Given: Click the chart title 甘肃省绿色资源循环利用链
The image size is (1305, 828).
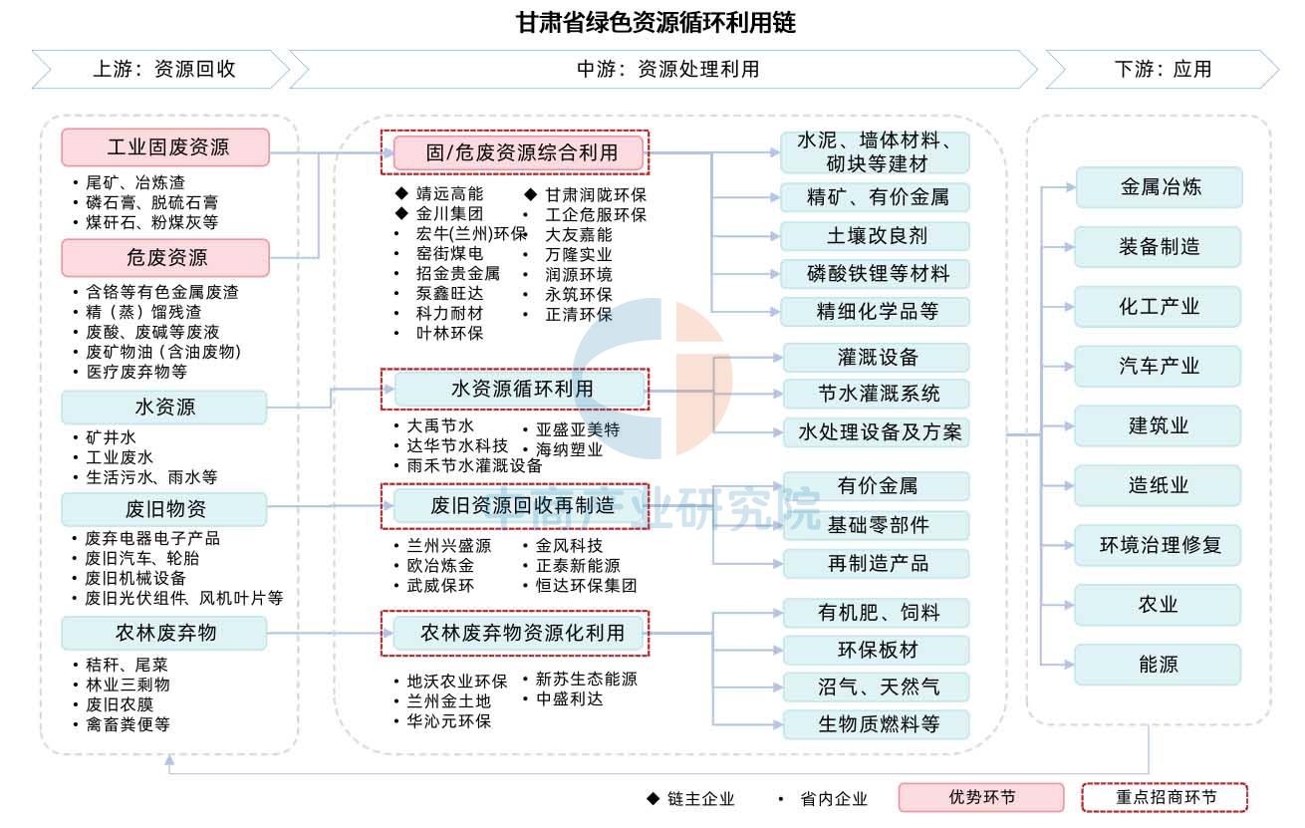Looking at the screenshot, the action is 656,23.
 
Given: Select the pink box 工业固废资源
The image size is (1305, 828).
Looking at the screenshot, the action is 165,147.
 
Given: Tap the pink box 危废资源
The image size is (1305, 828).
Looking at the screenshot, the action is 165,257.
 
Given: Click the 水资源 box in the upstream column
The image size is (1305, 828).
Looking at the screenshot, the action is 164,407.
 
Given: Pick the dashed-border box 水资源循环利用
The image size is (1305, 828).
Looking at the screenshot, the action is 515,389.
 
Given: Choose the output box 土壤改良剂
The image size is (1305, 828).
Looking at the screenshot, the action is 875,236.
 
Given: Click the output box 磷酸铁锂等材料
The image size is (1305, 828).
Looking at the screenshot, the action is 875,273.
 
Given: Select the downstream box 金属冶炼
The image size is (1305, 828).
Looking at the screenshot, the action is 1160,187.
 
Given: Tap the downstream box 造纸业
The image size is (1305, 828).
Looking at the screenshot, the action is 1158,485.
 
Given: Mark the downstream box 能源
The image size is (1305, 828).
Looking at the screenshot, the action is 1158,665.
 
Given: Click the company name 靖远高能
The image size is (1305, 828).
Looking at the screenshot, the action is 449,193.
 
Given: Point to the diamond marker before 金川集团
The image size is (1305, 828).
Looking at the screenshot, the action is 401,213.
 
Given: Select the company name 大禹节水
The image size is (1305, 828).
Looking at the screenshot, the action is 440,425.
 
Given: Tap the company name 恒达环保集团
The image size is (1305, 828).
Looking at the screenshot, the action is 586,585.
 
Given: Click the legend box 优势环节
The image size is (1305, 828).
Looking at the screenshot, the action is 981,797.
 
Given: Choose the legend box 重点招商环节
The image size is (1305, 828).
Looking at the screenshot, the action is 1165,797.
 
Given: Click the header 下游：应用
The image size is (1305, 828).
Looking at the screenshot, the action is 1163,70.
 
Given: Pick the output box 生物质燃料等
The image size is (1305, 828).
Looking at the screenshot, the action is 877,724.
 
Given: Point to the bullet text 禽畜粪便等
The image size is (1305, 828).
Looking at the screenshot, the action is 128,724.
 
